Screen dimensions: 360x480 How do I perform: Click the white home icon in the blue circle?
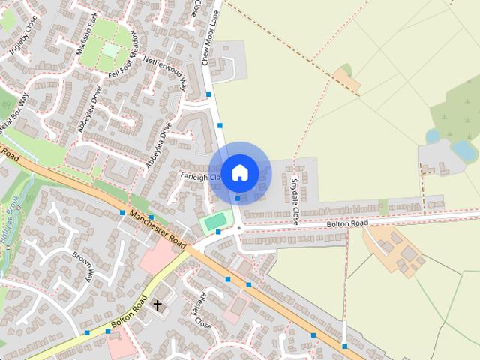pos(239,172)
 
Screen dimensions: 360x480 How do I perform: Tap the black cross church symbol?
pos(157,304)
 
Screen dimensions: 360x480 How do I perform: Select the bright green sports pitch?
pos(215,221)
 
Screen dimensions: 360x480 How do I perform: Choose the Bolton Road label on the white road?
pos(347,223)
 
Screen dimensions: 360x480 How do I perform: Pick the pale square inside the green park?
pos(111,50)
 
